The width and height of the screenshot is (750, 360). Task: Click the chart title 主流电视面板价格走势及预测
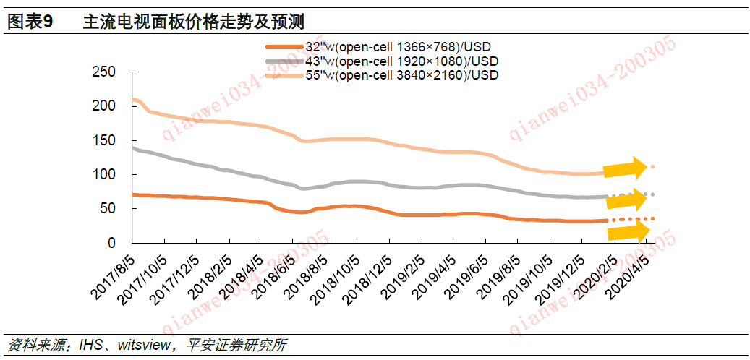tap(192, 22)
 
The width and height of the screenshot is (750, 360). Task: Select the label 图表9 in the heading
tap(30, 22)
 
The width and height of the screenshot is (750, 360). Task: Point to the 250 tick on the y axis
tap(104, 72)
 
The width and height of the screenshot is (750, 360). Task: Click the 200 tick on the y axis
tap(104, 106)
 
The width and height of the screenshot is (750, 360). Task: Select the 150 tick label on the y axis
tap(104, 140)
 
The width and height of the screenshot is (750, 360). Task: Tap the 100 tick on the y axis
tap(104, 174)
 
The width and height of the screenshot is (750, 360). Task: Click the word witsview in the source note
tap(138, 345)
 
